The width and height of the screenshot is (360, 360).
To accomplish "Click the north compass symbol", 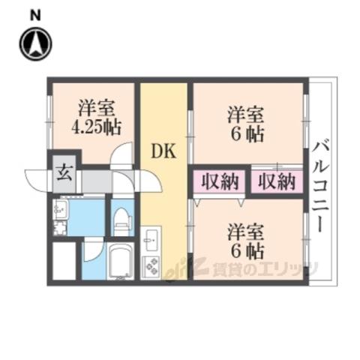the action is coord(36,43).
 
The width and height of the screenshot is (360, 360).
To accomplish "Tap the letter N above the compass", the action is coord(35,16).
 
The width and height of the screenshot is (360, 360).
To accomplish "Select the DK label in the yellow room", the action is coord(163,151).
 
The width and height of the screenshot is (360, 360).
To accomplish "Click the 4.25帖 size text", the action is coord(96,127).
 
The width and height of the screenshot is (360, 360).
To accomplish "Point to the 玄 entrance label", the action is coord(64,173).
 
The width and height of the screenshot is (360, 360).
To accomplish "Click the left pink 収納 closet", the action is coord(219,181).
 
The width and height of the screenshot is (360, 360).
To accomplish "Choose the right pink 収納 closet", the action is coord(277,181).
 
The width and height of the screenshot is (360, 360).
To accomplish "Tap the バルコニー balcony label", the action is coord(320,187).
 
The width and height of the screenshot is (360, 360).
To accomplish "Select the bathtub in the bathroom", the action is coord(121,261).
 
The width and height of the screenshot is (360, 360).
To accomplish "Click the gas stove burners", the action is coord(151,267).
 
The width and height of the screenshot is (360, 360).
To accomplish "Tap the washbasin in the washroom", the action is coord(59,208).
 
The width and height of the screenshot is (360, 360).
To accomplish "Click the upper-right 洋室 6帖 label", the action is coord(246,124).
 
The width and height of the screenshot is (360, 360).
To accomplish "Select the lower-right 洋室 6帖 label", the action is coord(246,241).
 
